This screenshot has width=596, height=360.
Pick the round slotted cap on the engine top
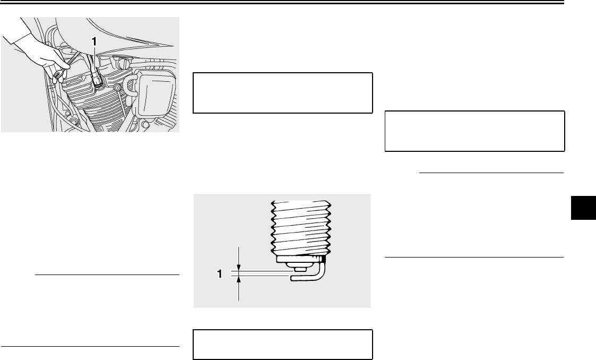(x=124, y=64)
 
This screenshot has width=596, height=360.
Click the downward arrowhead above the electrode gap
(x=240, y=267)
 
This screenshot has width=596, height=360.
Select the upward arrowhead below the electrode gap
(x=240, y=281)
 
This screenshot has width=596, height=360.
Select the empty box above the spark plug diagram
(x=282, y=93)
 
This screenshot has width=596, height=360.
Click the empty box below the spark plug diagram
(x=282, y=345)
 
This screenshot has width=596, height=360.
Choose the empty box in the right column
(x=474, y=131)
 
